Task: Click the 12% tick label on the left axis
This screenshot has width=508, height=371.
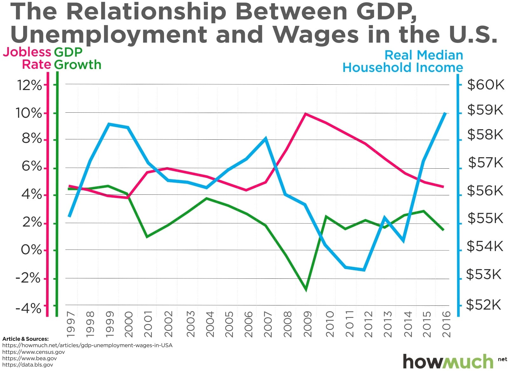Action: [29, 85]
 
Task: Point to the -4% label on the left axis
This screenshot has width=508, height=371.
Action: [29, 308]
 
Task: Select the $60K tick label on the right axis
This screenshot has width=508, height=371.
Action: [485, 85]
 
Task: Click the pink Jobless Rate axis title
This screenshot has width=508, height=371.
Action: [27, 58]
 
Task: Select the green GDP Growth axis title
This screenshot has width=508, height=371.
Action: [78, 58]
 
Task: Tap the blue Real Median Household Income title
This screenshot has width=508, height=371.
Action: [403, 61]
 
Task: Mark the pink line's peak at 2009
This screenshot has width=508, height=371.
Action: [305, 114]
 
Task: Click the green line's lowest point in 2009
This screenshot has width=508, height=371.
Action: [306, 290]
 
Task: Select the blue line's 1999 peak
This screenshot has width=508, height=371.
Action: [109, 124]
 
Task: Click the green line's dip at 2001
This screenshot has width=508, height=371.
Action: [147, 237]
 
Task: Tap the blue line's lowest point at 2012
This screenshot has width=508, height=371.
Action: [364, 270]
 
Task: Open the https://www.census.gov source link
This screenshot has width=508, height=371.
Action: [33, 352]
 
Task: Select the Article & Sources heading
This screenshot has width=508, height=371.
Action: [25, 339]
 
